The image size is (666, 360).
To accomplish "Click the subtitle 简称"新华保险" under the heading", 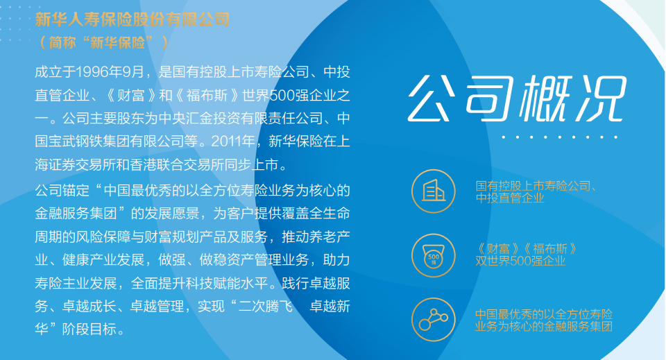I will [103, 42].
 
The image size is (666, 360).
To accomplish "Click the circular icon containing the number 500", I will [434, 256].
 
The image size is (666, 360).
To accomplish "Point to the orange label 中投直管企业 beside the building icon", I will [510, 198].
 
